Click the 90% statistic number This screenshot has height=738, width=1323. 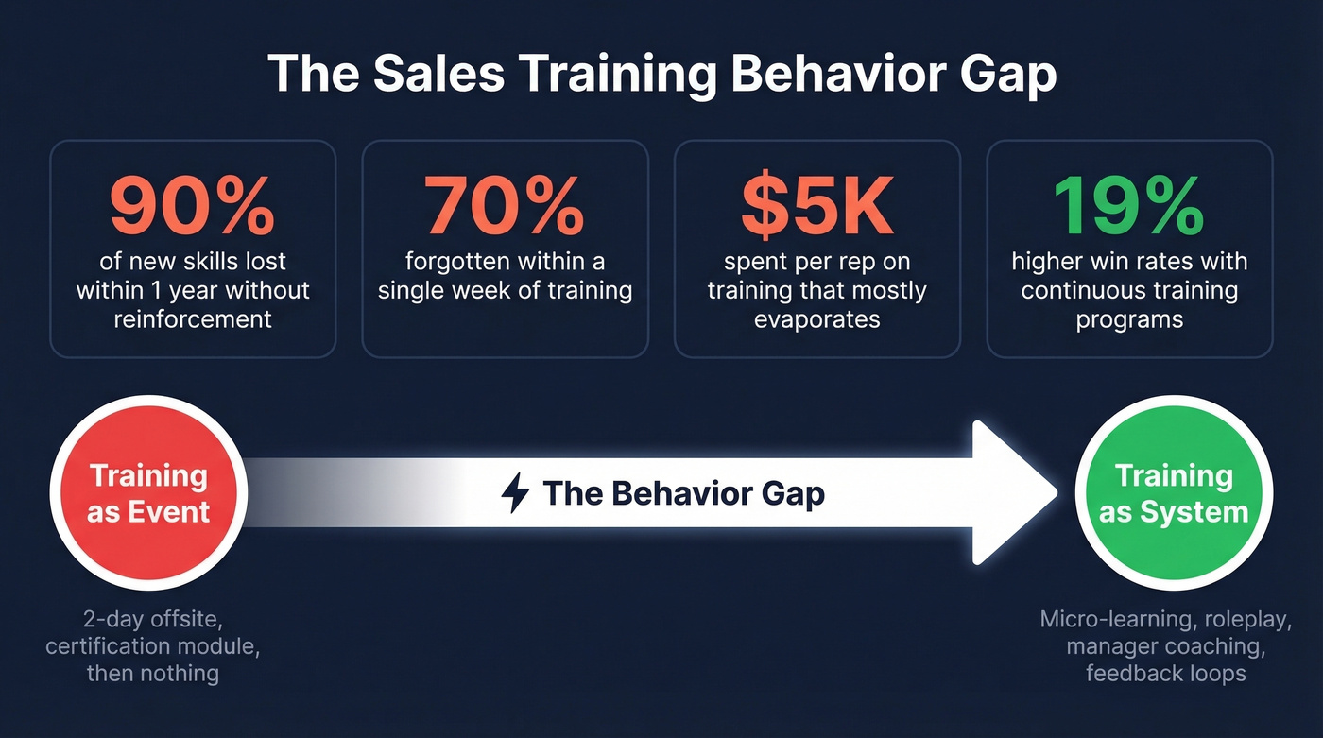(x=192, y=206)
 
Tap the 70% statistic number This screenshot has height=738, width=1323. (x=504, y=206)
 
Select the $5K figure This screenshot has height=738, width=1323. (x=816, y=206)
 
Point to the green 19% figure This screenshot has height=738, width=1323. (x=1128, y=206)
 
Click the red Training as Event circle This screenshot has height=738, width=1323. (x=148, y=493)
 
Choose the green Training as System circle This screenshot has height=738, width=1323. (x=1174, y=493)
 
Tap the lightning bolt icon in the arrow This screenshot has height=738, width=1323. (x=515, y=493)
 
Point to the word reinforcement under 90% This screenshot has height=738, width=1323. (x=193, y=319)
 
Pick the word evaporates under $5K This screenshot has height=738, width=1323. (x=816, y=319)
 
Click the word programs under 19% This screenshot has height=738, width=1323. (x=1128, y=319)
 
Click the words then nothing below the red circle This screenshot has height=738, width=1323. (x=152, y=674)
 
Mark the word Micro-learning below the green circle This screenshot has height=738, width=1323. (x=1102, y=620)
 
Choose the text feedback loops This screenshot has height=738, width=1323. (x=1165, y=674)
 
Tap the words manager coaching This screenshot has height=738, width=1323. (x=1165, y=646)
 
